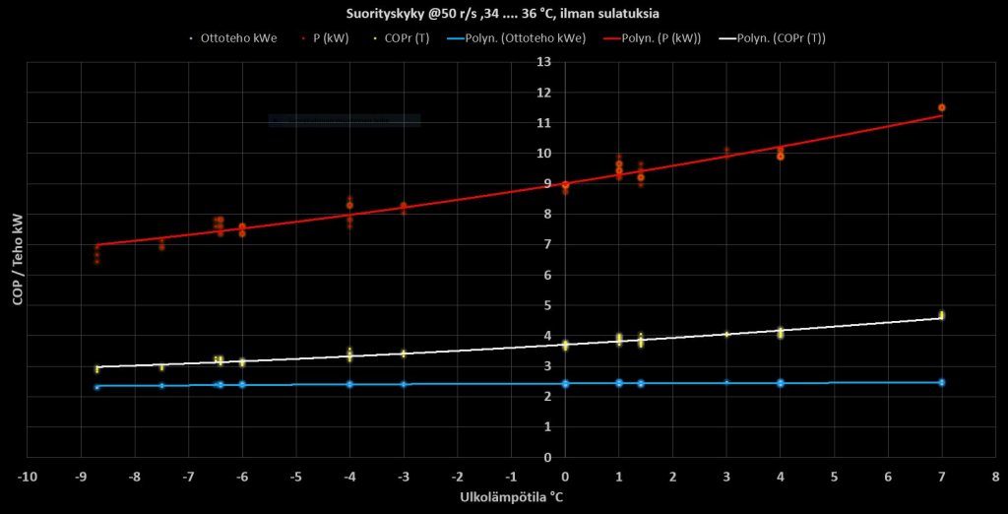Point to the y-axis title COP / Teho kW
(x=17, y=259)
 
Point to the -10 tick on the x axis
(x=27, y=477)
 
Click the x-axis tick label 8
(x=995, y=477)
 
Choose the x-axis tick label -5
(x=295, y=477)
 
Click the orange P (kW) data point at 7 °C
(x=942, y=107)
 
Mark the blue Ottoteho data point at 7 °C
(x=942, y=382)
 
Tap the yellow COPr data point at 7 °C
(x=942, y=315)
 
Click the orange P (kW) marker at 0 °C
(x=565, y=185)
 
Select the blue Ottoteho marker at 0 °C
(x=565, y=383)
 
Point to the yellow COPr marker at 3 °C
(x=726, y=334)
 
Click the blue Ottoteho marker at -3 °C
(x=404, y=384)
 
